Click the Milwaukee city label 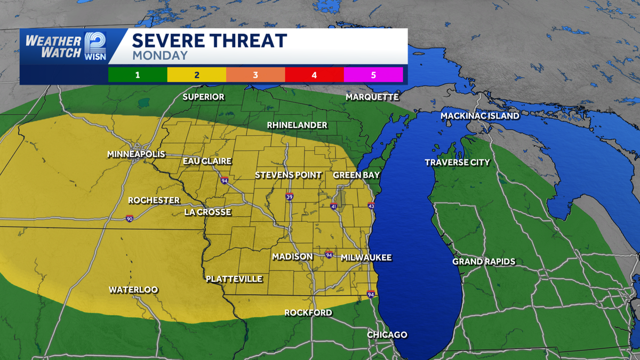(x=366, y=258)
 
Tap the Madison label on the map (x=292, y=257)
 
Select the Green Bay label (x=356, y=175)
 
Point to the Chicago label (x=387, y=334)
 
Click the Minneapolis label (x=136, y=154)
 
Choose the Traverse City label (x=457, y=162)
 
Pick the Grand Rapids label (x=484, y=261)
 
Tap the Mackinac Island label (x=480, y=116)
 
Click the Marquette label (x=372, y=97)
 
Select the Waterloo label (x=133, y=290)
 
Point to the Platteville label (x=234, y=278)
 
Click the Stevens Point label (x=288, y=175)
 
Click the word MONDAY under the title (x=160, y=55)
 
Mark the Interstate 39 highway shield (x=289, y=197)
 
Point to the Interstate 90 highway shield (x=130, y=219)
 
